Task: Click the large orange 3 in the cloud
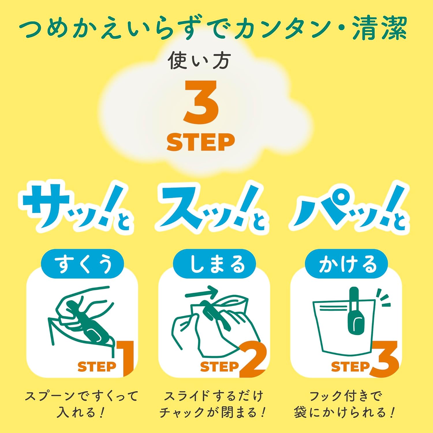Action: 201,102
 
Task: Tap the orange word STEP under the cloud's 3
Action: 201,142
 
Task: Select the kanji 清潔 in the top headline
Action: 379,28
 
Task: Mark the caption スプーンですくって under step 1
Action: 81,396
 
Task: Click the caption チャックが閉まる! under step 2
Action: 212,413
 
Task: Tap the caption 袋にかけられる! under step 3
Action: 344,413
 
